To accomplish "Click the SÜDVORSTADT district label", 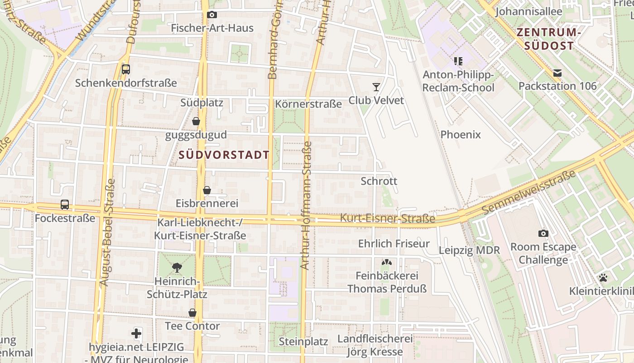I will point(224,155).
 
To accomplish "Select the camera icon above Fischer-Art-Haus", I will point(211,15).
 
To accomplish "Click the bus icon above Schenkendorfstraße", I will point(126,69).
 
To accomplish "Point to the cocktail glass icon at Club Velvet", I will point(376,87).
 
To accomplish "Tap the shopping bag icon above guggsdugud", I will point(196,121).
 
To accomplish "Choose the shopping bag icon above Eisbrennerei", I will point(207,190).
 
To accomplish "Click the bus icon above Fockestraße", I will point(65,205).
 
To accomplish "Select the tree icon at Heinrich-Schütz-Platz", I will point(177,268).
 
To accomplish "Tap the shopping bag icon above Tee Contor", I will point(192,313).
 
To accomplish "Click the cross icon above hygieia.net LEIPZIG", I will point(136,334).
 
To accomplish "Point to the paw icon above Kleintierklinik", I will point(603,278).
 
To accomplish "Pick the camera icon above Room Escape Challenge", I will point(543,234).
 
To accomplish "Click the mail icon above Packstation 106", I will point(557,73).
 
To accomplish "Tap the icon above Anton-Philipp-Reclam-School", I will point(458,61).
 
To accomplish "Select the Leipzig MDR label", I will point(469,250).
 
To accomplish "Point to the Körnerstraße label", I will point(308,104).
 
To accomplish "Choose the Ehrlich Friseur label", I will point(394,244).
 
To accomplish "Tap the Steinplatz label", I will point(303,341).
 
